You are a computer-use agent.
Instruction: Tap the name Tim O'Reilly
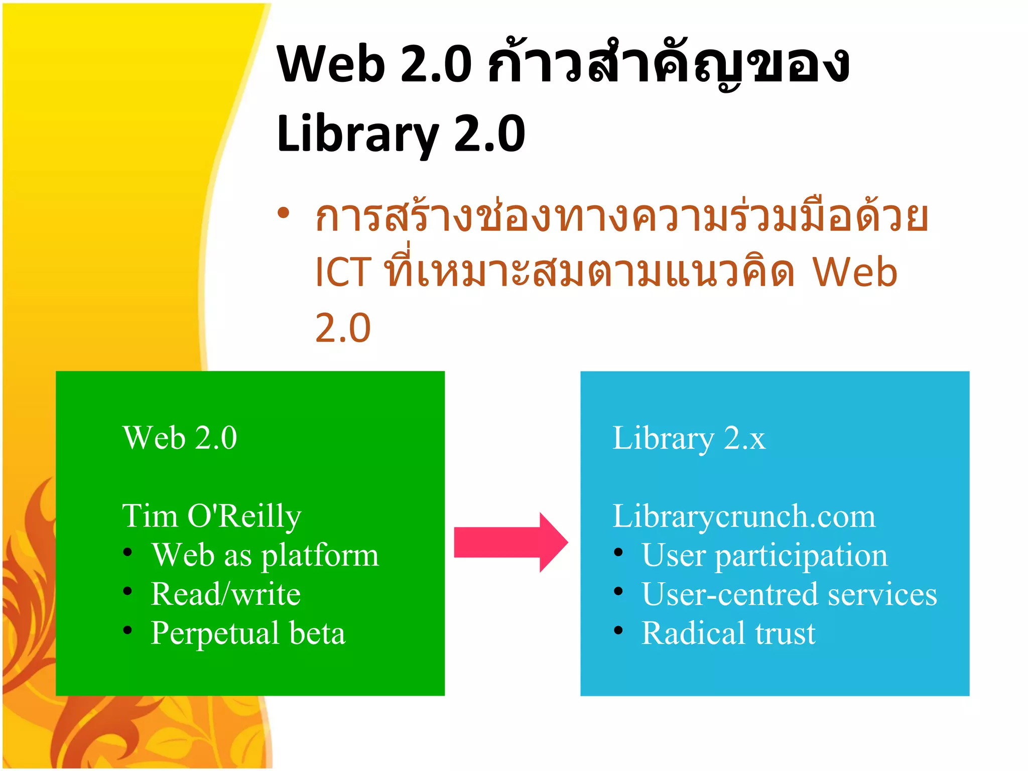211,516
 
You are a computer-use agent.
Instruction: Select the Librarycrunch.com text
744,516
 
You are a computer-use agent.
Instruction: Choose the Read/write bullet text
226,594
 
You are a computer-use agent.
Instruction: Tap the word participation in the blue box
801,556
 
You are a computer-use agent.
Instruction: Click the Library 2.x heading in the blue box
689,438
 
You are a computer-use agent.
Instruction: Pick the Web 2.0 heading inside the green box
180,438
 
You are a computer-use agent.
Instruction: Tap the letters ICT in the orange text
343,272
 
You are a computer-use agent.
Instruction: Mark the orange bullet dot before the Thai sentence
284,213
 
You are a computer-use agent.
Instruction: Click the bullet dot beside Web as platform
127,553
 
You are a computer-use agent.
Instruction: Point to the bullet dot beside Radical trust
618,630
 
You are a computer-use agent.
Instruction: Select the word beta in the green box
317,633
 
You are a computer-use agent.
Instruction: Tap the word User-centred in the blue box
730,594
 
